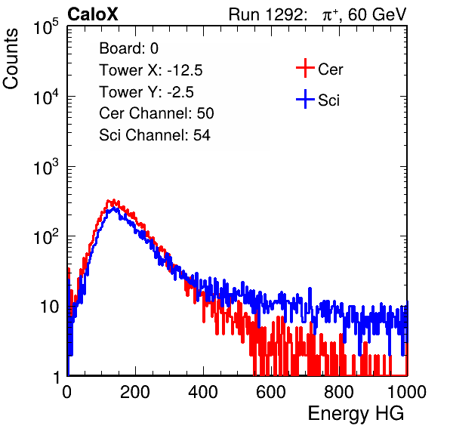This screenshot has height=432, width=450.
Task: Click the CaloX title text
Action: click(92, 14)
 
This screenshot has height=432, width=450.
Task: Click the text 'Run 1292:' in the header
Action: click(266, 14)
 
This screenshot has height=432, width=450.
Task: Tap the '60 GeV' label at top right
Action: click(378, 14)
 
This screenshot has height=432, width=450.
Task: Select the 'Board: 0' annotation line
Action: click(128, 48)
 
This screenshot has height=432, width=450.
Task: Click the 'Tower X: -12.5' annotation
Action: click(151, 70)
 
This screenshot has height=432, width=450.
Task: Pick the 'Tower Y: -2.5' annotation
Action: click(146, 92)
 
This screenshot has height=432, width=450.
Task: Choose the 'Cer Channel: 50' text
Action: click(156, 113)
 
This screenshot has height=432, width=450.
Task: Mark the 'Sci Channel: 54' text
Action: click(155, 135)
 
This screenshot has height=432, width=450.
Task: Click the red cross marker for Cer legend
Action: click(305, 68)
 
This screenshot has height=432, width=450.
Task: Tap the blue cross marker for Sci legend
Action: click(305, 99)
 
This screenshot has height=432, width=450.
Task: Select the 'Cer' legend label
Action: click(330, 69)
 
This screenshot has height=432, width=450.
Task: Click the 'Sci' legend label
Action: click(328, 100)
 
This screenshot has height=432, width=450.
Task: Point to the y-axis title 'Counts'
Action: click(11, 59)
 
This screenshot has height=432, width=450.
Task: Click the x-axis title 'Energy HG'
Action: click(356, 414)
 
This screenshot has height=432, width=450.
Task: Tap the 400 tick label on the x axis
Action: click(203, 392)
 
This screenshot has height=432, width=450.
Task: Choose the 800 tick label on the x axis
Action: click(339, 392)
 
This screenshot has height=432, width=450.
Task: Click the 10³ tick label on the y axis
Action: click(47, 166)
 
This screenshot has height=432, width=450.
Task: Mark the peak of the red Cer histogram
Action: click(114, 200)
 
